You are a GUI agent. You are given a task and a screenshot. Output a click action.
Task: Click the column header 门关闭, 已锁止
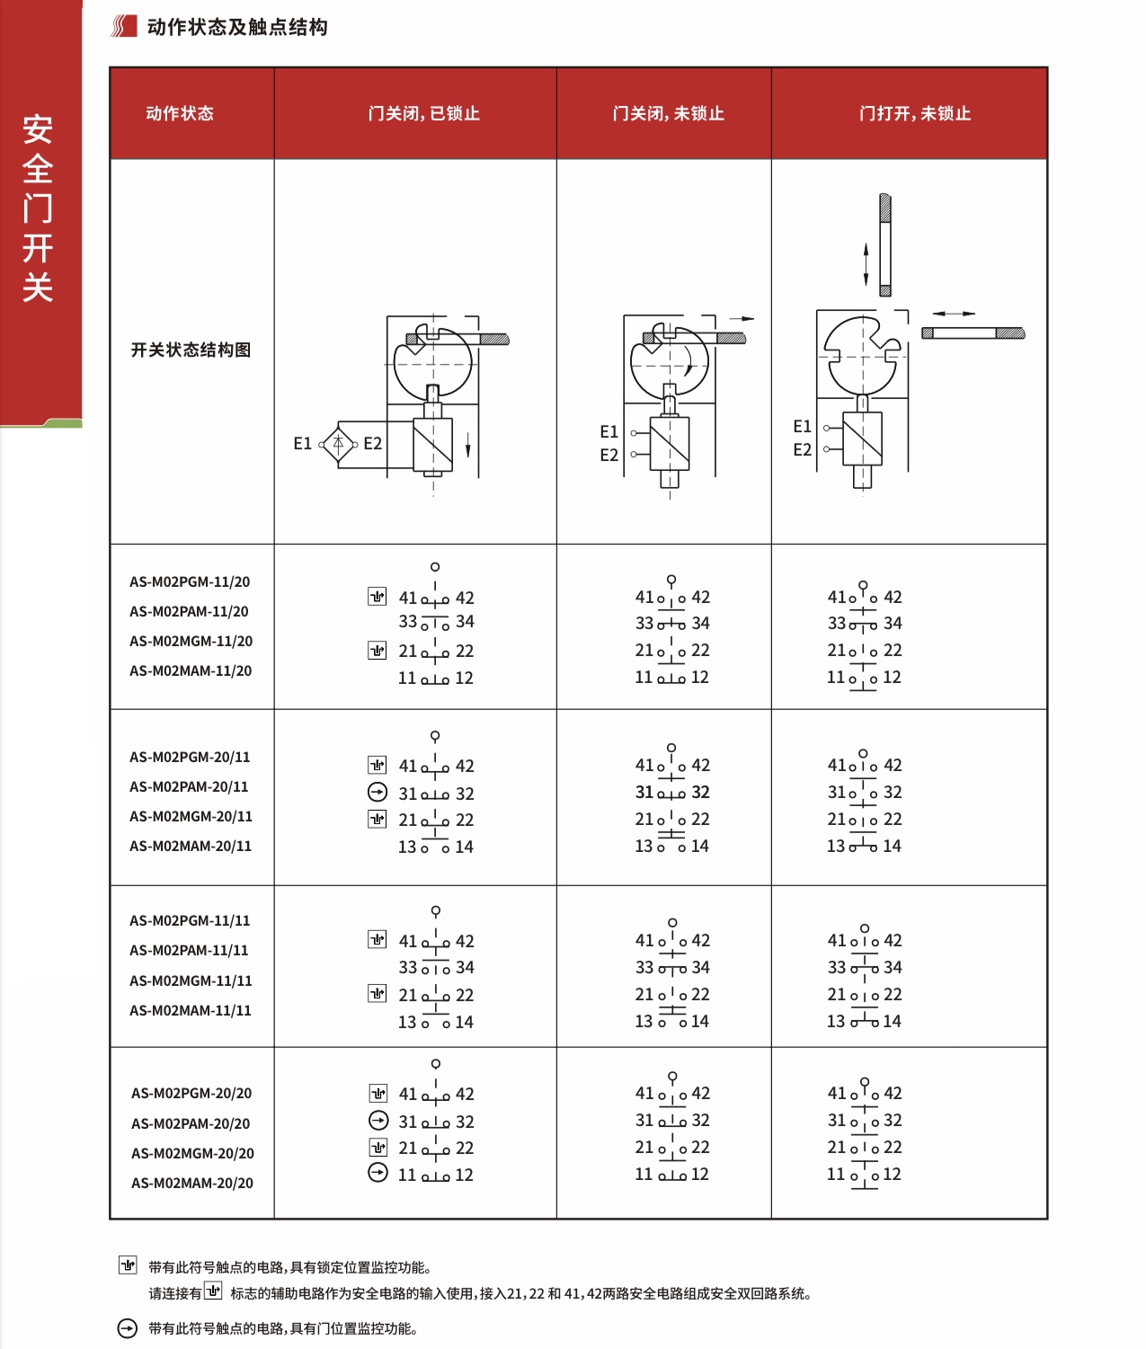423,113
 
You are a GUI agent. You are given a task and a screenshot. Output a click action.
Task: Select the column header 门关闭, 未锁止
668,113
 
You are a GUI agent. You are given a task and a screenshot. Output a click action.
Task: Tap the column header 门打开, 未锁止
914,113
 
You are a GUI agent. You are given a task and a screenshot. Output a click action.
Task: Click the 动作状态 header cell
180,113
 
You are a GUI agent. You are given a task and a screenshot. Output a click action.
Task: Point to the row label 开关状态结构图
191,350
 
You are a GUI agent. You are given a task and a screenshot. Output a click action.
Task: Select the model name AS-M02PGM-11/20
190,581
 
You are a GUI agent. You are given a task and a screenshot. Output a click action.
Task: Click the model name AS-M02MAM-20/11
191,846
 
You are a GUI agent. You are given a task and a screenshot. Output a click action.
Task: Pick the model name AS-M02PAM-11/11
189,950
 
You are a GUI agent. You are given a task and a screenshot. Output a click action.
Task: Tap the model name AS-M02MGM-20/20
192,1153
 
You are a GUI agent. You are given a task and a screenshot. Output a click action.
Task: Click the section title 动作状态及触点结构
237,27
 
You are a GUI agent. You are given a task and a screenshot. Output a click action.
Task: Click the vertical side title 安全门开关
38,208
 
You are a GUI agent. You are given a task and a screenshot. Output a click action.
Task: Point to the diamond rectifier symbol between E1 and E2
338,443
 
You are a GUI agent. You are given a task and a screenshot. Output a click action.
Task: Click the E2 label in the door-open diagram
802,449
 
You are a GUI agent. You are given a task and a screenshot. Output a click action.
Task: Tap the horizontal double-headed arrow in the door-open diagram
954,314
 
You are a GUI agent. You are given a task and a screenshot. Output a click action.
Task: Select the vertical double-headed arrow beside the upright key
866,264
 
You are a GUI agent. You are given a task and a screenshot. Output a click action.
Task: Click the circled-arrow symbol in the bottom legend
128,1328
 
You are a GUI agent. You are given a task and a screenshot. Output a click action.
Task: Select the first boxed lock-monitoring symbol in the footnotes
128,1265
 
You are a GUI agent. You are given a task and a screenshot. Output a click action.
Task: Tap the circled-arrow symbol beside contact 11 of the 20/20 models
378,1173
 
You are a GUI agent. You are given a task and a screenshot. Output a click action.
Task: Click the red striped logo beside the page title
123,27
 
